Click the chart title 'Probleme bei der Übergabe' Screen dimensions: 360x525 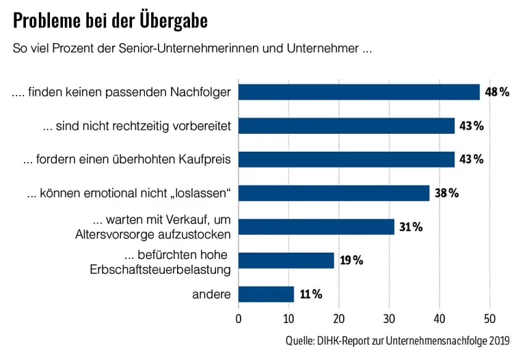click(x=110, y=21)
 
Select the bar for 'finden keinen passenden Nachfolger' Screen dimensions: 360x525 click(x=359, y=92)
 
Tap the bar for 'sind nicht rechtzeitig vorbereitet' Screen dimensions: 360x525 click(x=347, y=126)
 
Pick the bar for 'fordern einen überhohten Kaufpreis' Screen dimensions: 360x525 click(x=347, y=159)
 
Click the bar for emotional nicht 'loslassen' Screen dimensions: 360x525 click(x=334, y=193)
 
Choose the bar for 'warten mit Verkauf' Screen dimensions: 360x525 click(x=317, y=227)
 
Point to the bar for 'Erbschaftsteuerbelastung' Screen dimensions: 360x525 click(x=286, y=260)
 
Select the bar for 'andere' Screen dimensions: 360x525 click(x=266, y=294)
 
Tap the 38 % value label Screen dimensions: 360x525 click(x=446, y=193)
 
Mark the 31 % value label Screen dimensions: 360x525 click(x=410, y=227)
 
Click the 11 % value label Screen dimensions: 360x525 click(x=310, y=294)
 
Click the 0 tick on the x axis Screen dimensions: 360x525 click(x=239, y=318)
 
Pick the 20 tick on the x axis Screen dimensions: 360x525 click(x=339, y=318)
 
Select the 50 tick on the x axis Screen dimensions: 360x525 click(x=489, y=318)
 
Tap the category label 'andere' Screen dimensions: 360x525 click(x=211, y=294)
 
